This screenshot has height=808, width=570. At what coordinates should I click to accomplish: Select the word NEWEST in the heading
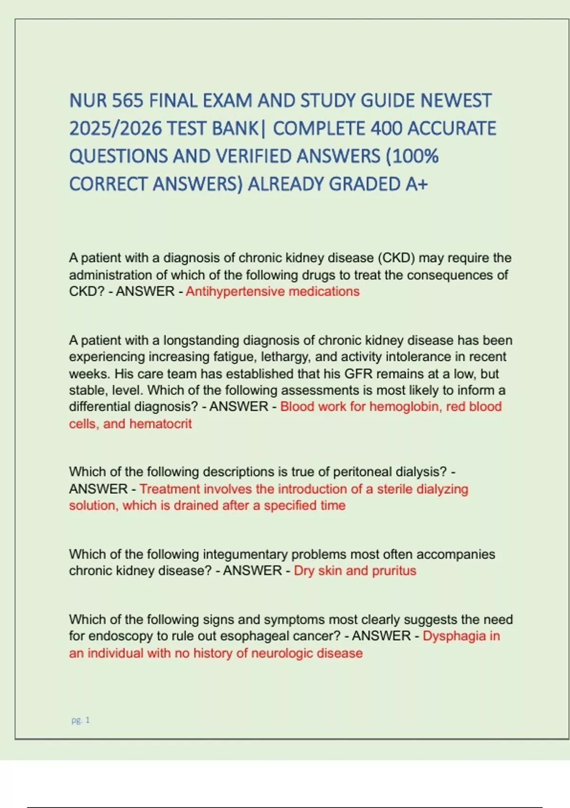click(x=456, y=101)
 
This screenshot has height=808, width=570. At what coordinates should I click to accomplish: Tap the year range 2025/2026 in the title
click(x=115, y=128)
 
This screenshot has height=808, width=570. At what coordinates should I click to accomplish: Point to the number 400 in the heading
click(x=386, y=128)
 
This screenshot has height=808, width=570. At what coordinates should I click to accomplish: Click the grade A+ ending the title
click(x=417, y=184)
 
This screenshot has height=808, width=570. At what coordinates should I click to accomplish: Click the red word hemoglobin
click(x=404, y=407)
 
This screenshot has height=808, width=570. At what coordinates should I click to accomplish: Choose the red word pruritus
click(x=394, y=571)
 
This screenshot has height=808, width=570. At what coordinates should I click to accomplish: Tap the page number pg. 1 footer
click(x=80, y=720)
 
